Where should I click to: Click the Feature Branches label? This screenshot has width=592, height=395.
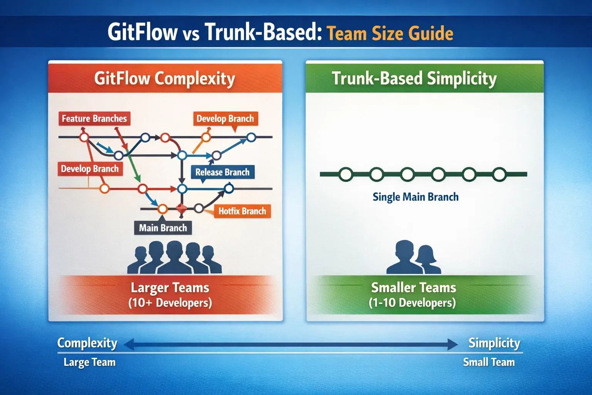coord(94,118)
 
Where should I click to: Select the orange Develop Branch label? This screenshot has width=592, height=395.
coord(225,118)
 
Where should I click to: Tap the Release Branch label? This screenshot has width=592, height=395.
coord(222,172)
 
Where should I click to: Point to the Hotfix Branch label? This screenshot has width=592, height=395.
coord(242,211)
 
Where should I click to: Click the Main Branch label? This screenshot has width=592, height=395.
coord(163,228)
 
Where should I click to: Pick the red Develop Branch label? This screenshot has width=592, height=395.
coord(90,169)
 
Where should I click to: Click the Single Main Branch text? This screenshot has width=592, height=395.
coord(415,197)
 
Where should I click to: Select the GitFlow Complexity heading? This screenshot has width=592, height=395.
coord(165,78)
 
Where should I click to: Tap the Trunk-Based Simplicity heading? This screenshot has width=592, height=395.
coord(414,78)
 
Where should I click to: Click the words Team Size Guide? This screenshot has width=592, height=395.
coord(390,33)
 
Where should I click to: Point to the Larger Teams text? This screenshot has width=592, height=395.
coord(170,288)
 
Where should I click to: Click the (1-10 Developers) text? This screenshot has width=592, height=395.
coord(412,303)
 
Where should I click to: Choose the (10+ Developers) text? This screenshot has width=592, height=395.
coord(170,303)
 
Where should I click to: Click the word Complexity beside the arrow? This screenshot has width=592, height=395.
coord(87,343)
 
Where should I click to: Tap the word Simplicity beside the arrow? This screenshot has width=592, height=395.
coord(494,343)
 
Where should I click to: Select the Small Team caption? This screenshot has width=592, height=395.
coord(489,362)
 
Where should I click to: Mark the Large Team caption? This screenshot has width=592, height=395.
coord(89,362)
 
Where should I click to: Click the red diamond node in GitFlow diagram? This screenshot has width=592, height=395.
coord(181,209)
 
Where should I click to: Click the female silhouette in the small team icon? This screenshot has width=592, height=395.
coord(426,259)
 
